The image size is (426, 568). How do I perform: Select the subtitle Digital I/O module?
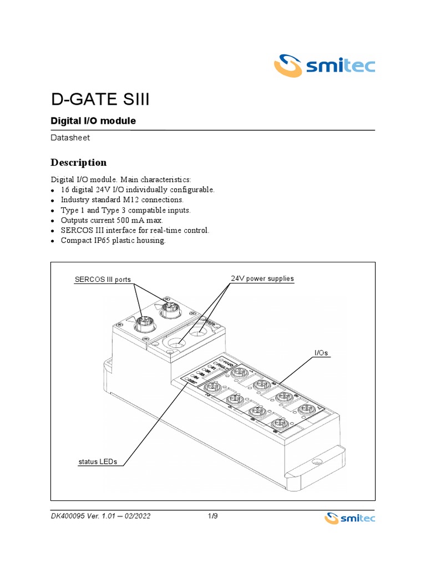point(93,120)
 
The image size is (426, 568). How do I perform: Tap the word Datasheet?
point(70,137)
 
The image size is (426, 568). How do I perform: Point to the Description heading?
point(78,163)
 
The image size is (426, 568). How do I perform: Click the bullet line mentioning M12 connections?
point(121,200)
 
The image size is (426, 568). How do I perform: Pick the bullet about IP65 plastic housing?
point(113,241)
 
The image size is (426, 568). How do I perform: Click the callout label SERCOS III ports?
point(103,279)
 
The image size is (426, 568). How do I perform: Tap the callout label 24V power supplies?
point(262,278)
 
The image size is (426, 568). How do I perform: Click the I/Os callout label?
point(321,353)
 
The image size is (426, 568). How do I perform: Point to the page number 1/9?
point(211,517)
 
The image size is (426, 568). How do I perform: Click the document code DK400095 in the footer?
point(69,517)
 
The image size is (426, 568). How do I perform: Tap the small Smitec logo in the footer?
point(349,518)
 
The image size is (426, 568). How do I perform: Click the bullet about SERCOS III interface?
point(135,230)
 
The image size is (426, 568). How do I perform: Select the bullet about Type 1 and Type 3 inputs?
point(125,210)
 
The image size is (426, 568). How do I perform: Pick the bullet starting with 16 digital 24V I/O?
point(137,190)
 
